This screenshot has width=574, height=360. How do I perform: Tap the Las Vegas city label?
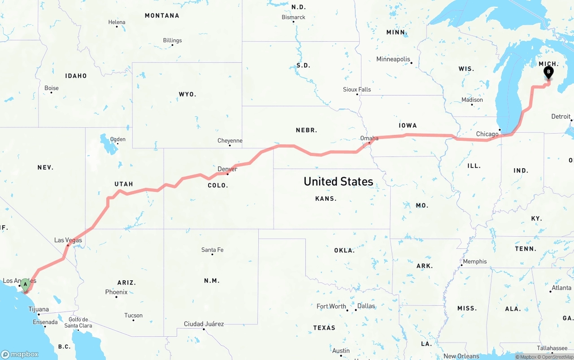(68, 240)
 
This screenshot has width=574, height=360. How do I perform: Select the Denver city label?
(227, 169)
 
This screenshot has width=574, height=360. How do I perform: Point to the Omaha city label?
(370, 138)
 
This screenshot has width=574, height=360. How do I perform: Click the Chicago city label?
(487, 134)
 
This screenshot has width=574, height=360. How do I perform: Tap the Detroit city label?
(561, 117)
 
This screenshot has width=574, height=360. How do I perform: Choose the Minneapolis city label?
(393, 59)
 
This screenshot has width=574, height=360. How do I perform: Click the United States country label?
(338, 182)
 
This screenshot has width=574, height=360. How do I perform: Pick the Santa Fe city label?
(212, 250)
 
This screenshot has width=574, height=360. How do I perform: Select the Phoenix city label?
(116, 292)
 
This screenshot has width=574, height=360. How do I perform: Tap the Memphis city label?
(474, 262)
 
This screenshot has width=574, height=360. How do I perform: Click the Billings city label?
(172, 40)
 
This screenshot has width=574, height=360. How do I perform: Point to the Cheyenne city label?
(230, 141)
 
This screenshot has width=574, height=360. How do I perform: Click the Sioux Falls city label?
(357, 90)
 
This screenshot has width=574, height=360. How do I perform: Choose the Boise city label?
(52, 88)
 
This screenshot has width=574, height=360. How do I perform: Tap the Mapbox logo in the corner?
(20, 354)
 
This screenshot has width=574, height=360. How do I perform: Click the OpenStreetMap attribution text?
(557, 357)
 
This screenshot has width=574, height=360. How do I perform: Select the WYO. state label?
(187, 95)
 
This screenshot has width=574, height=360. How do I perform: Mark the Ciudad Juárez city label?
(204, 324)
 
